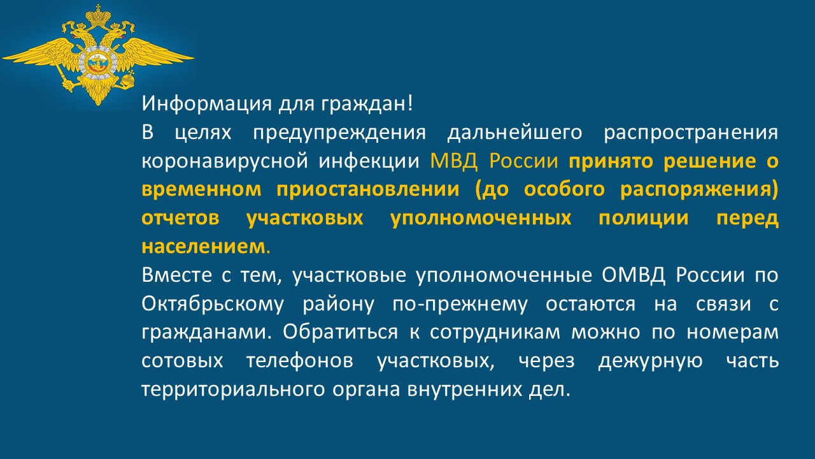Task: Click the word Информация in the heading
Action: [207, 104]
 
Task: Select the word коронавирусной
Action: [225, 162]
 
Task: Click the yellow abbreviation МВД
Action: [454, 161]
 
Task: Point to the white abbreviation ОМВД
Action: [633, 275]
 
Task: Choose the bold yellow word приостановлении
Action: [368, 190]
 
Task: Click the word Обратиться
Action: [341, 333]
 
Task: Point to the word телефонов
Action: [300, 361]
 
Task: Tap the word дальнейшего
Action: [515, 133]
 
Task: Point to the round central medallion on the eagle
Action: [97, 62]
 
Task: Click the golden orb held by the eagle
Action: [128, 78]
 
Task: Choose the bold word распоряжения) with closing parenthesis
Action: [699, 190]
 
